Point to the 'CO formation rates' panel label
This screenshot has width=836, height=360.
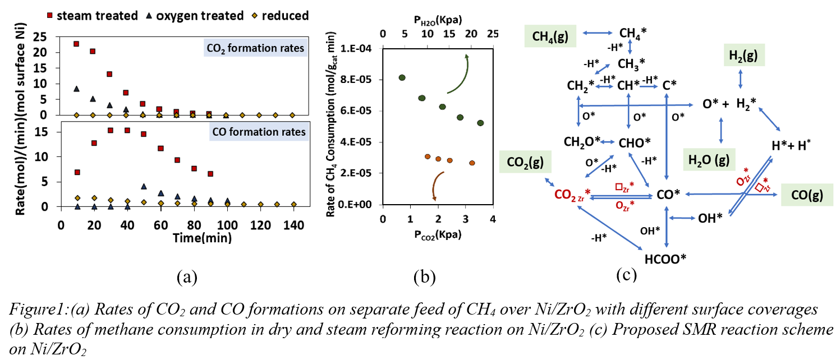(261, 132)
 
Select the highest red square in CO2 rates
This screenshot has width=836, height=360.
(76, 44)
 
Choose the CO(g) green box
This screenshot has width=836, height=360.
(806, 194)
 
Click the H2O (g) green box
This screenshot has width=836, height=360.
(709, 161)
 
